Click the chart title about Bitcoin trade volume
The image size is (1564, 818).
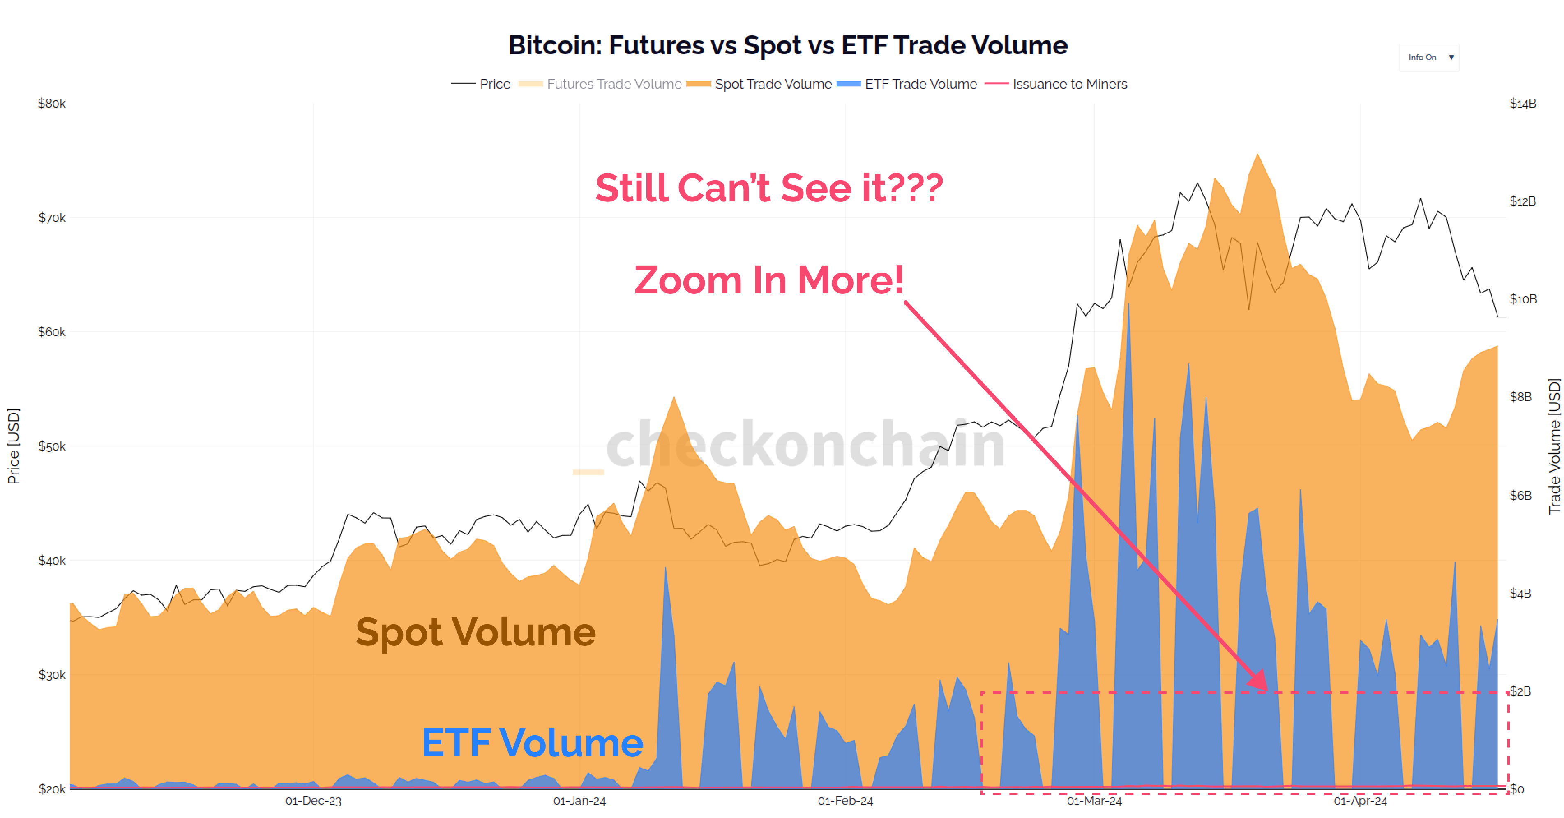(x=787, y=46)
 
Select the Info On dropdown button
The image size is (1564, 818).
(x=1429, y=57)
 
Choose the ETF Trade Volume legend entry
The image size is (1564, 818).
(x=920, y=84)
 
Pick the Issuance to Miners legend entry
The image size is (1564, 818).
(x=1069, y=84)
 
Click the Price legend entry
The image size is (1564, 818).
(x=494, y=84)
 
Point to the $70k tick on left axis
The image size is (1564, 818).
(x=52, y=217)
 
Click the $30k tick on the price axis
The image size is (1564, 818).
(x=52, y=675)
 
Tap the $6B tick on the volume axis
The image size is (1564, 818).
(x=1520, y=495)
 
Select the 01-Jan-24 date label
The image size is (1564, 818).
(x=579, y=801)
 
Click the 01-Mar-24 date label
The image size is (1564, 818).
(x=1094, y=801)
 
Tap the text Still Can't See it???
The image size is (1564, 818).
(x=768, y=188)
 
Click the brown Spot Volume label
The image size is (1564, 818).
(x=475, y=632)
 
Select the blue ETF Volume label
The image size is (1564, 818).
(x=533, y=743)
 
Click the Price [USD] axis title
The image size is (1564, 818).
(x=14, y=446)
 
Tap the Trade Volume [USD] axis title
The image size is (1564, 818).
(x=1554, y=446)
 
